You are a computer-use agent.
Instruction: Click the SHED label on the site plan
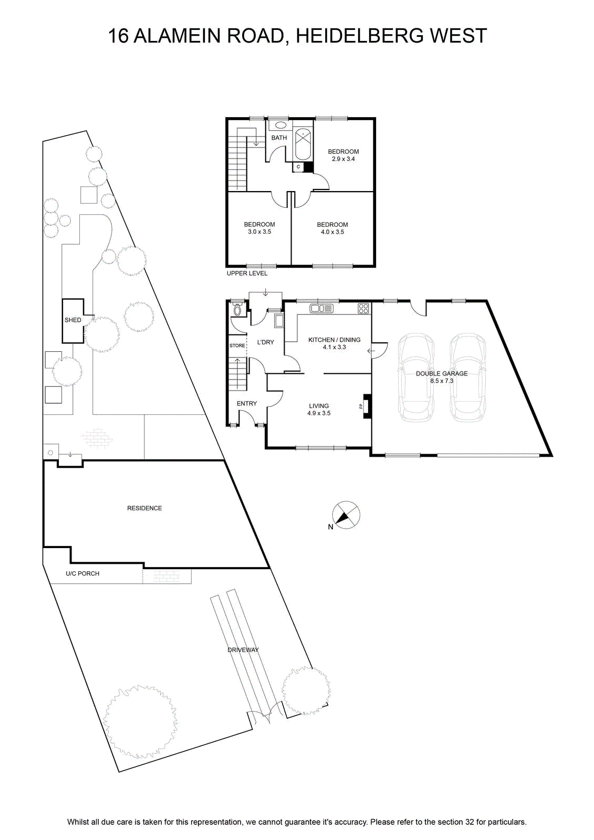coord(73,320)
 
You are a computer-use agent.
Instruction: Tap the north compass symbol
coord(346,515)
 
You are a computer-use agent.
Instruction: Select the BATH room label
coord(279,138)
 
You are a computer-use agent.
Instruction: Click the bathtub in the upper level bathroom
coord(303,144)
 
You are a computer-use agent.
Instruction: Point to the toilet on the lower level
coord(237,309)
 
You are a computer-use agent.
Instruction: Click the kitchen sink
coord(321,308)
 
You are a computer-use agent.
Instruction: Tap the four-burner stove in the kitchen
coord(363,308)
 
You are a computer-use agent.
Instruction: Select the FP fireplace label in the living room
coord(361,406)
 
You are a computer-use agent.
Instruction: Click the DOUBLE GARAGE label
coord(442,373)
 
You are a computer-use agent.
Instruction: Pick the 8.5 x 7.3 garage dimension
coord(442,381)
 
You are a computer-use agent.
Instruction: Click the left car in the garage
coord(416,377)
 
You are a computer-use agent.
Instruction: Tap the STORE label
coord(237,345)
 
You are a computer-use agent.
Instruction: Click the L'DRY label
coord(265,342)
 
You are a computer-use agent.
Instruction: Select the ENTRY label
coord(246,404)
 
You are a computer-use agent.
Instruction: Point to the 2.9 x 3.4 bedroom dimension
coord(343,159)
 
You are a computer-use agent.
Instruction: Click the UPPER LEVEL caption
coord(247,274)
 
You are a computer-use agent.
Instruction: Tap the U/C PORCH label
coord(82,573)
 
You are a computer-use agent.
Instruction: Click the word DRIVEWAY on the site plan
coord(243,650)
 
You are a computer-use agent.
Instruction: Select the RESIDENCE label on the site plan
coord(144,508)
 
